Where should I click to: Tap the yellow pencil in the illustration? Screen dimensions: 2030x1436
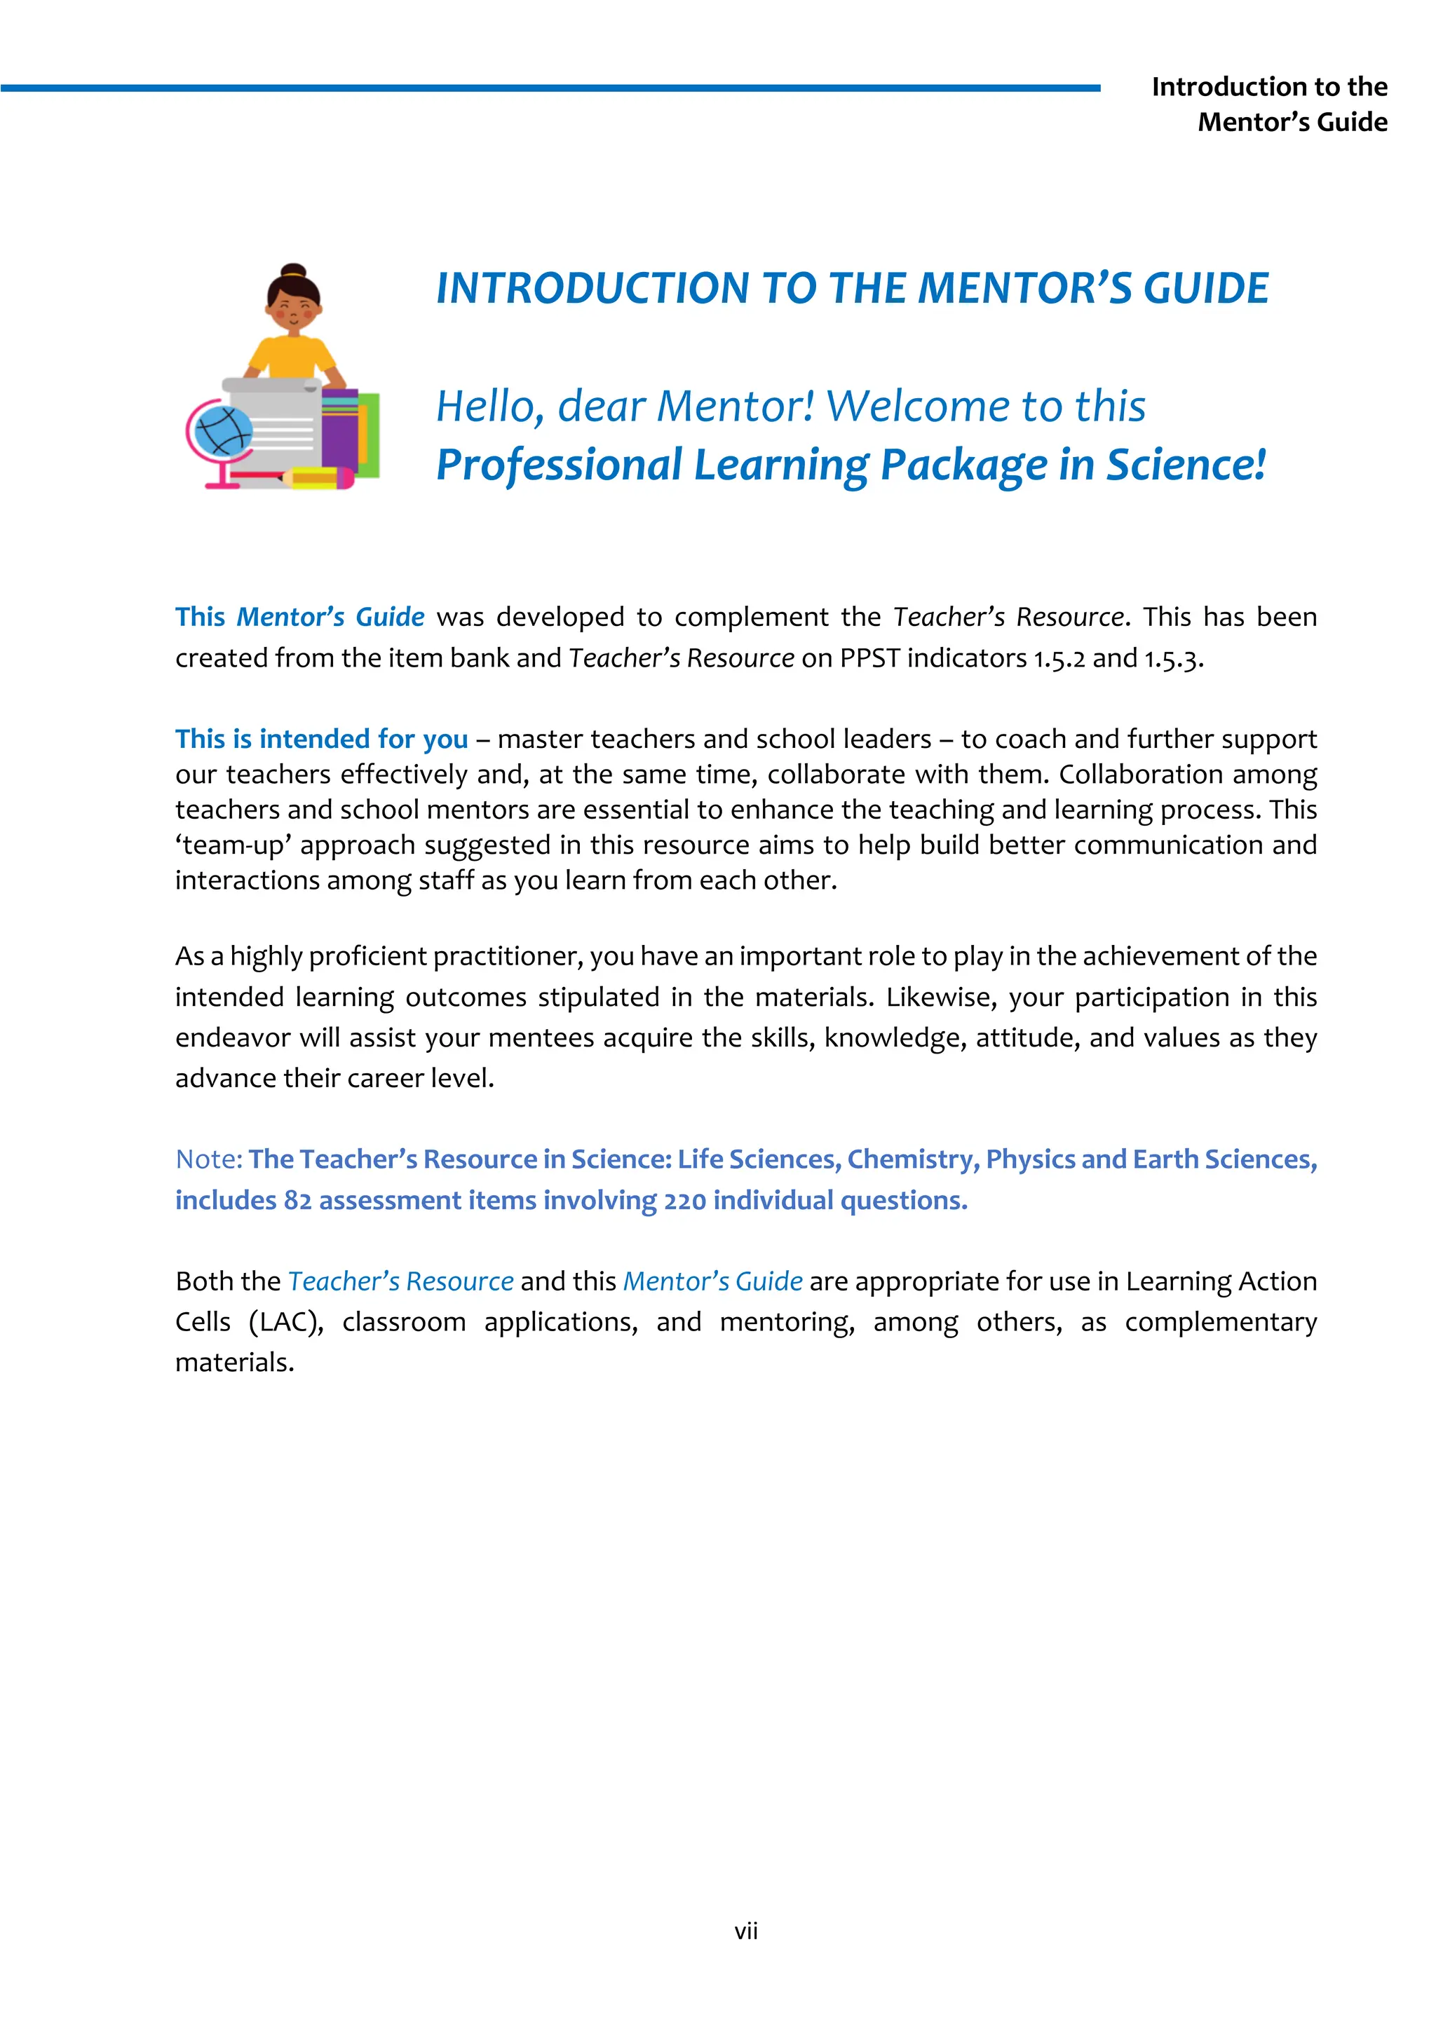pos(316,478)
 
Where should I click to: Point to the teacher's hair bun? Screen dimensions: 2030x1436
pos(292,271)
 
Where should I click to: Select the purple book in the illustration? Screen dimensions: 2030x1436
pos(339,430)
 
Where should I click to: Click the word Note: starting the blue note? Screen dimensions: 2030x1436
pos(209,1159)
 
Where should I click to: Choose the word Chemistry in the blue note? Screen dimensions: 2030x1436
pos(912,1159)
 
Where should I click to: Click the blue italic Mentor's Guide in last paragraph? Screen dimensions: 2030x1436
pos(712,1281)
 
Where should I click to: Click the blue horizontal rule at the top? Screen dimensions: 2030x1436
pos(548,88)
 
